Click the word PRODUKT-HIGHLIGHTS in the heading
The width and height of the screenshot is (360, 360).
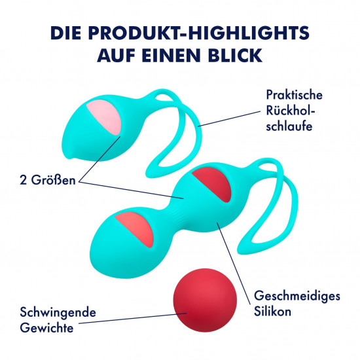pyautogui.click(x=199, y=33)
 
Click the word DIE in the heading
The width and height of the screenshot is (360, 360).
pyautogui.click(x=65, y=33)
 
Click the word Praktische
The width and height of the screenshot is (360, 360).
pyautogui.click(x=294, y=95)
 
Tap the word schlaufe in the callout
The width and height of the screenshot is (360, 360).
pyautogui.click(x=289, y=126)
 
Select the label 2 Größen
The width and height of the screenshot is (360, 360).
pyautogui.click(x=48, y=180)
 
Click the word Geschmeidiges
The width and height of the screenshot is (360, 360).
pyautogui.click(x=297, y=296)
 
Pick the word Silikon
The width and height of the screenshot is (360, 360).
pyautogui.click(x=272, y=312)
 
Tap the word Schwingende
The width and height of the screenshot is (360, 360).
pyautogui.click(x=58, y=313)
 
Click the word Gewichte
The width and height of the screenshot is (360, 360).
pyautogui.click(x=47, y=328)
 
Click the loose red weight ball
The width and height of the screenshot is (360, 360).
pyautogui.click(x=205, y=300)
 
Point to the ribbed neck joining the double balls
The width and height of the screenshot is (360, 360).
pyautogui.click(x=179, y=216)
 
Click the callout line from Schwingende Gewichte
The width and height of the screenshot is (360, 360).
pyautogui.click(x=133, y=318)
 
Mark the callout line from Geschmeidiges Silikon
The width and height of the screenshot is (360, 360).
pyautogui.click(x=234, y=264)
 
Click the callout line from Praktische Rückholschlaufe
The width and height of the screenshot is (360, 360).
pyautogui.click(x=229, y=118)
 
